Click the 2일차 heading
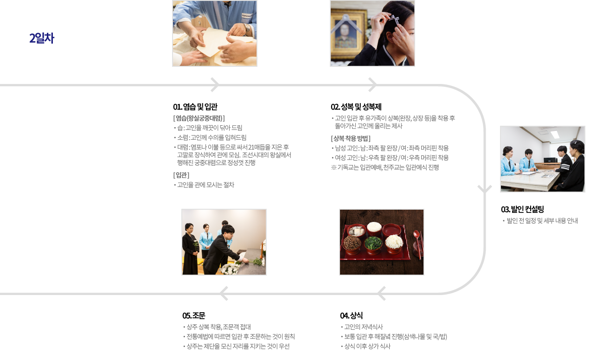pyautogui.click(x=42, y=39)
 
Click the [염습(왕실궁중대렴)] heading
pyautogui.click(x=199, y=118)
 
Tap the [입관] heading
pyautogui.click(x=181, y=175)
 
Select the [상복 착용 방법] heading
pyautogui.click(x=350, y=138)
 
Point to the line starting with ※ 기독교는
pyautogui.click(x=385, y=167)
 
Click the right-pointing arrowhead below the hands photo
pyautogui.click(x=214, y=85)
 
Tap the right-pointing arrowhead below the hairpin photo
pyautogui.click(x=372, y=85)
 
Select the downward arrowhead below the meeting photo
pyautogui.click(x=485, y=189)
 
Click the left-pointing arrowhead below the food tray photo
pyautogui.click(x=381, y=293)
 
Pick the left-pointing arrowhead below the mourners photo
pyautogui.click(x=224, y=293)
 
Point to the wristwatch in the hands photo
pyautogui.click(x=247, y=30)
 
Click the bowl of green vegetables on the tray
pyautogui.click(x=373, y=243)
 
